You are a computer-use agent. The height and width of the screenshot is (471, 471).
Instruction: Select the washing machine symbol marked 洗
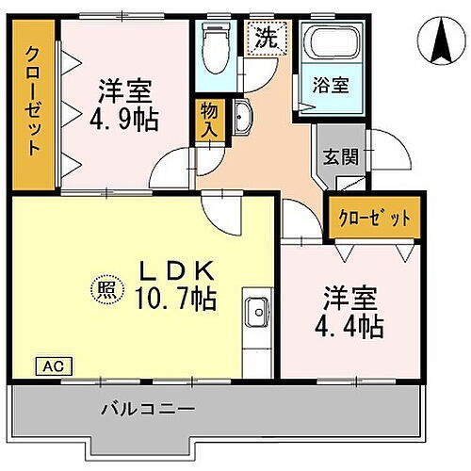[266, 39]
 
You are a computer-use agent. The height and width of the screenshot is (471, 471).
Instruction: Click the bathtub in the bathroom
[329, 44]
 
